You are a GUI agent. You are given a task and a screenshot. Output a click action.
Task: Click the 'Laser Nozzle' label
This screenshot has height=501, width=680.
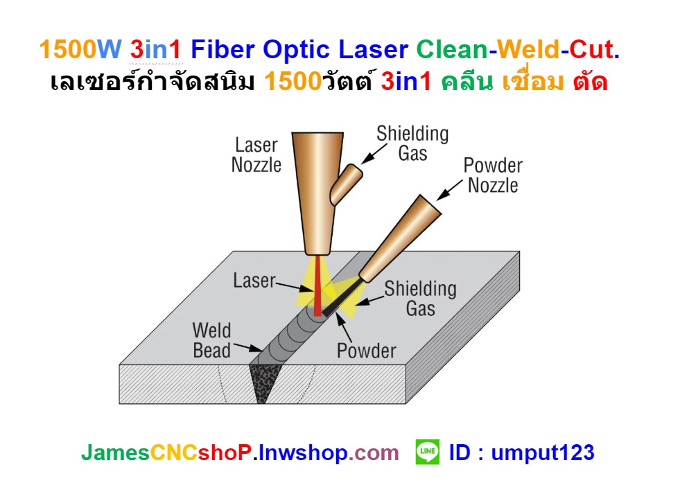pyautogui.click(x=256, y=155)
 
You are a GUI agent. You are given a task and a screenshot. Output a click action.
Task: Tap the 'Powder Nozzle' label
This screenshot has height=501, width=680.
pyautogui.click(x=493, y=176)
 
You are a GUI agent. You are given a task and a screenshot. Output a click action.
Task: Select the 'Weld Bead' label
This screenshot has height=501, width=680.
pyautogui.click(x=211, y=340)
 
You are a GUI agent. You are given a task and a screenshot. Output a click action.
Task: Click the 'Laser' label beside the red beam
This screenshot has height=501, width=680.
pyautogui.click(x=254, y=281)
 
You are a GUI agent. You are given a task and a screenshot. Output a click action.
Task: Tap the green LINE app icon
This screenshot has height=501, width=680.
pyautogui.click(x=427, y=453)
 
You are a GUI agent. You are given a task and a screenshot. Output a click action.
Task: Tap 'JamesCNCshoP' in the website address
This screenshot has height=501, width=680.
pyautogui.click(x=166, y=453)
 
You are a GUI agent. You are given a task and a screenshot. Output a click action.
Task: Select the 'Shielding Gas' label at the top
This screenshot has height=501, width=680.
pyautogui.click(x=412, y=143)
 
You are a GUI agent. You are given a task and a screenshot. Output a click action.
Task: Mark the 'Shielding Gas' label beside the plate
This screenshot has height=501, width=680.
pyautogui.click(x=421, y=298)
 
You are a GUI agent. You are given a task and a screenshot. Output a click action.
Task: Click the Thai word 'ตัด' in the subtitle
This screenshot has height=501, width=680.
pyautogui.click(x=591, y=82)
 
